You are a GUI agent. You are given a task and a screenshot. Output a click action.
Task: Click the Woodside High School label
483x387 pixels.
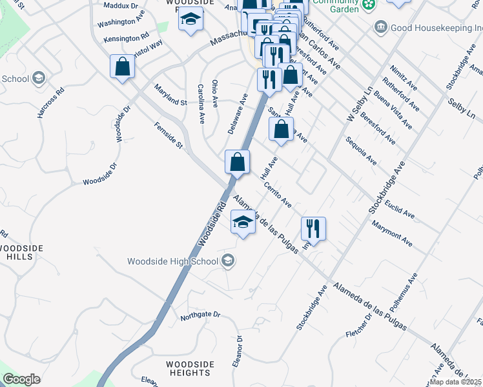tap(172, 261)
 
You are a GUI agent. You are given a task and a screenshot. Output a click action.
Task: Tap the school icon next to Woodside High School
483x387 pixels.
tap(227, 261)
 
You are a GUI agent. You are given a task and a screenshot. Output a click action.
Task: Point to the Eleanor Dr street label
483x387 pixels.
tap(240, 348)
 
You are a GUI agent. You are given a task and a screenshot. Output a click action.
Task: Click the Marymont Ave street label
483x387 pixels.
tap(392, 233)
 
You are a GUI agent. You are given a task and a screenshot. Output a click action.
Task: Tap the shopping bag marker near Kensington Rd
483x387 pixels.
tap(122, 66)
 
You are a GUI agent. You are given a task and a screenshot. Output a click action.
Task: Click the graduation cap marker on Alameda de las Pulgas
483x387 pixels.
tap(243, 223)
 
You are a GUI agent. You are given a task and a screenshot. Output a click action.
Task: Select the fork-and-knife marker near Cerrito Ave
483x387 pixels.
tap(313, 228)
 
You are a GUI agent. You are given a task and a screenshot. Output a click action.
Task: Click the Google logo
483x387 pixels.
tap(21, 379)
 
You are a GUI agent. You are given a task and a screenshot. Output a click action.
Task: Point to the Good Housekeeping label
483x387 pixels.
tap(437, 28)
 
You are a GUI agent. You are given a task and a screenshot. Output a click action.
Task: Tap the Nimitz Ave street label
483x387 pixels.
tap(404, 78)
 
